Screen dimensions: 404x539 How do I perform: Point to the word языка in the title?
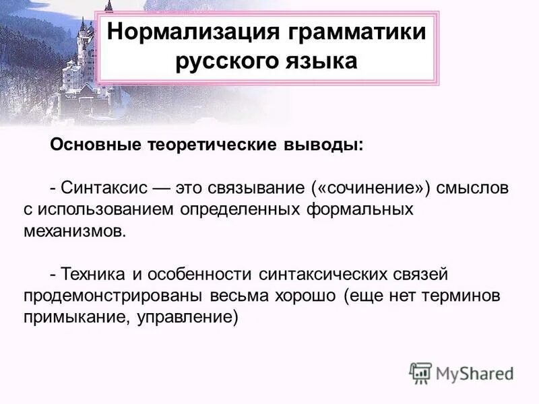(322, 63)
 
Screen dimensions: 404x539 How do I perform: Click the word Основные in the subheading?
(94, 145)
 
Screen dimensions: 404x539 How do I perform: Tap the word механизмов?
(74, 231)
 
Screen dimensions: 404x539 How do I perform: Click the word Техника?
(90, 274)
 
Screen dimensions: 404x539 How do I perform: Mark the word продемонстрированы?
(100, 296)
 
